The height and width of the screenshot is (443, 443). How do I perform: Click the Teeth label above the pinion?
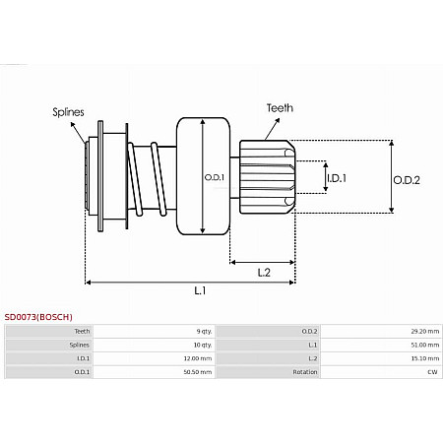[x=279, y=107]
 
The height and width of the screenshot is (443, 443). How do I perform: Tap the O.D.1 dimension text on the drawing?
[x=215, y=177]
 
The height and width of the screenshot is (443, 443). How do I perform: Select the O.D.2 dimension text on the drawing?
[x=407, y=179]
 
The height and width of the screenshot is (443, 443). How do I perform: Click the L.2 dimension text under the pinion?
[x=264, y=272]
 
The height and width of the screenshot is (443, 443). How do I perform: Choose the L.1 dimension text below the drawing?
[x=199, y=291]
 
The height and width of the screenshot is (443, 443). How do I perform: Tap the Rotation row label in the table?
[x=304, y=373]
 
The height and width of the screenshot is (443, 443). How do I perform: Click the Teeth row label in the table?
[x=83, y=332]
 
